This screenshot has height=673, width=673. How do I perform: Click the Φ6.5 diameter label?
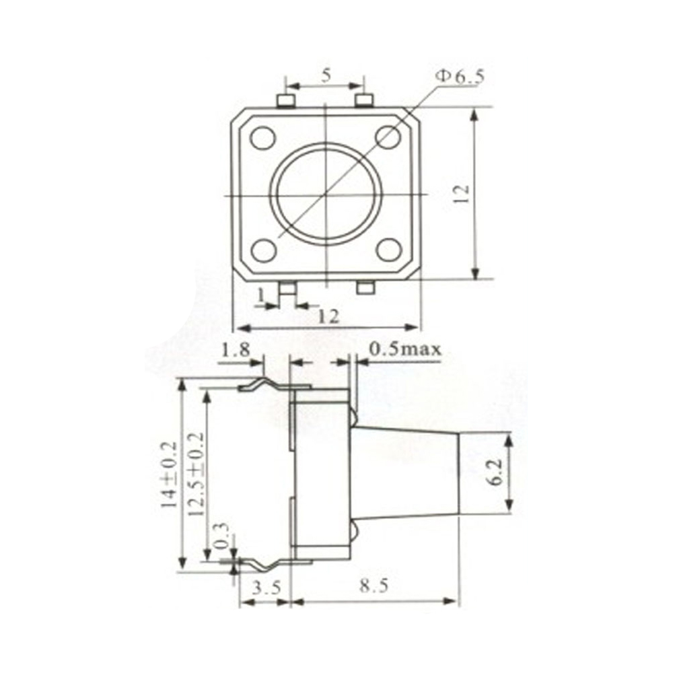[460, 77]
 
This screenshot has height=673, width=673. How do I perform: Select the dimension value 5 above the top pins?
[325, 75]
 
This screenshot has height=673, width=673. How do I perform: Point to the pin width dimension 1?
[261, 294]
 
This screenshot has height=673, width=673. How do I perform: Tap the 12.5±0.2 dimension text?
[195, 474]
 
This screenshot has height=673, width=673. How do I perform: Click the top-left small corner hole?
[262, 138]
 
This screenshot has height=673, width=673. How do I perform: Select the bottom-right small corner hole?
[388, 250]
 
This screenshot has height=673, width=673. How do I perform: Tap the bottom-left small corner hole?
[262, 250]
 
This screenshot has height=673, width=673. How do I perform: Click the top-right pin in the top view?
[364, 101]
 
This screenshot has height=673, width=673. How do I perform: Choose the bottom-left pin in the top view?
[288, 288]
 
